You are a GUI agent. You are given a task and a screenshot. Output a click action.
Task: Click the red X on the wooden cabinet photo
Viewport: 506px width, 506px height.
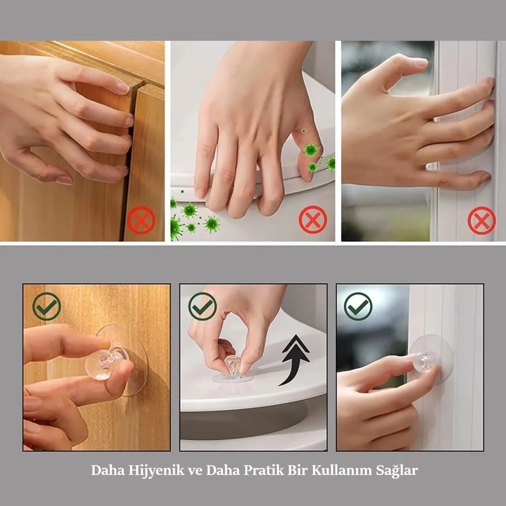click(x=141, y=220)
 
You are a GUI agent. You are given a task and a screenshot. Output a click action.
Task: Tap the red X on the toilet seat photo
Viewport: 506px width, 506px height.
click(x=313, y=220)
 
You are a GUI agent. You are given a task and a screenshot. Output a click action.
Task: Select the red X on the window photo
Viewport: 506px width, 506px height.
click(x=482, y=220)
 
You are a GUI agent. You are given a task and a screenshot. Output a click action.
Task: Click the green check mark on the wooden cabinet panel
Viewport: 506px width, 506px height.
click(x=47, y=306)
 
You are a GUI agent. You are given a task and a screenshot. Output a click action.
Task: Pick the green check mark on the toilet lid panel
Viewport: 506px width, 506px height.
click(x=203, y=306)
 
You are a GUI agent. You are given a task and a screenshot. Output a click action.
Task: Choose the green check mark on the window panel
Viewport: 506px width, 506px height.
click(x=358, y=306)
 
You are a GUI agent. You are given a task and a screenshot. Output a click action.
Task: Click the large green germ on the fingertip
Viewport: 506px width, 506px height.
click(x=311, y=150)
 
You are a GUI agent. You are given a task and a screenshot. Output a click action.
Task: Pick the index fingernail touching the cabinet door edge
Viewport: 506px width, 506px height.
click(x=123, y=88)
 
